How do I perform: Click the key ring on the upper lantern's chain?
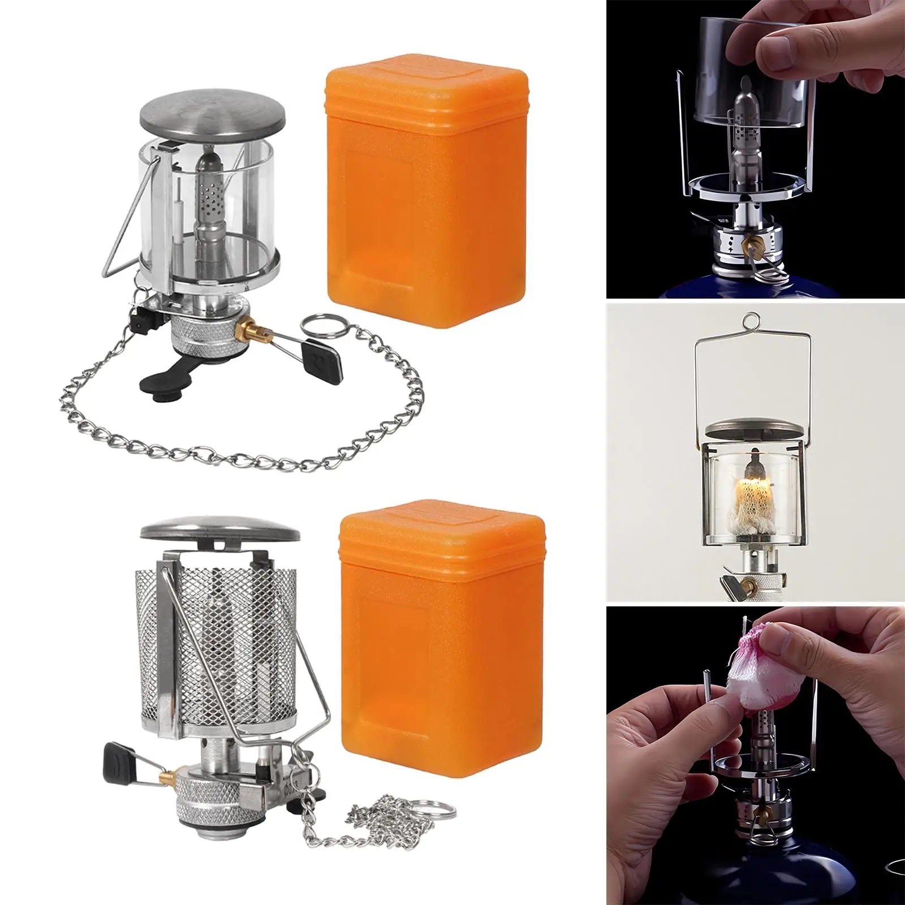(x=314, y=327)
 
